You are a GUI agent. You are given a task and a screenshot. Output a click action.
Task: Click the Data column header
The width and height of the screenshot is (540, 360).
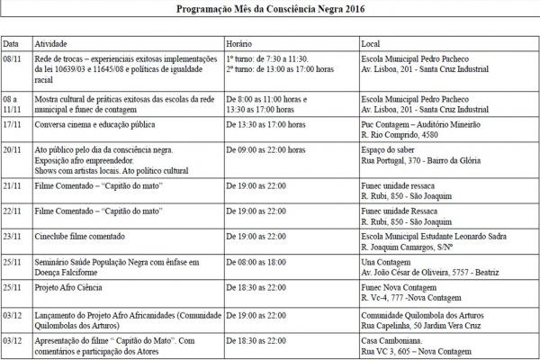click(x=11, y=43)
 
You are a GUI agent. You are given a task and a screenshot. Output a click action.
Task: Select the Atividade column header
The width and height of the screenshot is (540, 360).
click(x=52, y=43)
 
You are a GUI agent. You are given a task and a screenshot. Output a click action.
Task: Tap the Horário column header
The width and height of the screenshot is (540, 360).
click(x=238, y=43)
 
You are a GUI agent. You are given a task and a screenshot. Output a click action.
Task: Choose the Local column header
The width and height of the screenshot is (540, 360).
click(x=370, y=43)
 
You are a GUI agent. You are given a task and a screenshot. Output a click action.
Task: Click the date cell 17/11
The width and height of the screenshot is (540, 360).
click(x=13, y=125)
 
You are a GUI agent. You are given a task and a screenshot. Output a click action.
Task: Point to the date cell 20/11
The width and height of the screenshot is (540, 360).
click(x=13, y=148)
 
